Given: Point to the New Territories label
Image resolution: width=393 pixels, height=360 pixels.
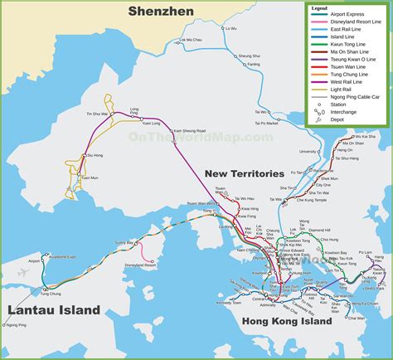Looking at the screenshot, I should (245, 173).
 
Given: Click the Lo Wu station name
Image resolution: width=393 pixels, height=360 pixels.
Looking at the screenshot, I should (230, 28).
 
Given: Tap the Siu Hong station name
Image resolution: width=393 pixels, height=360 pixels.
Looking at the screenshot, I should (96, 155).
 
